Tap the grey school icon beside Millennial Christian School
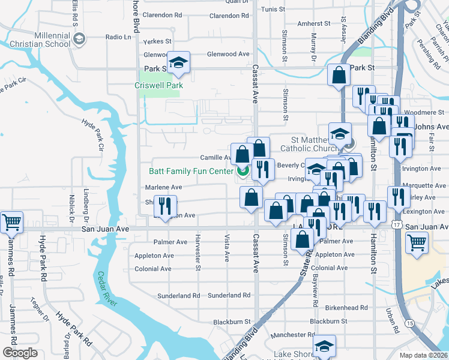(x=78, y=40)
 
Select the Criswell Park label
(x=158, y=85)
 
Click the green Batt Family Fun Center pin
(x=243, y=172)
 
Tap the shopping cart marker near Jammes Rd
(x=11, y=223)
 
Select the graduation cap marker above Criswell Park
(x=178, y=62)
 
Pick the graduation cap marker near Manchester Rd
(x=324, y=346)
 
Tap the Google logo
(x=20, y=353)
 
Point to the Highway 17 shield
(x=396, y=224)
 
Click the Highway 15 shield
(x=409, y=323)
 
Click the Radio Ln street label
(x=118, y=37)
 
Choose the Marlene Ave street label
(x=163, y=187)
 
